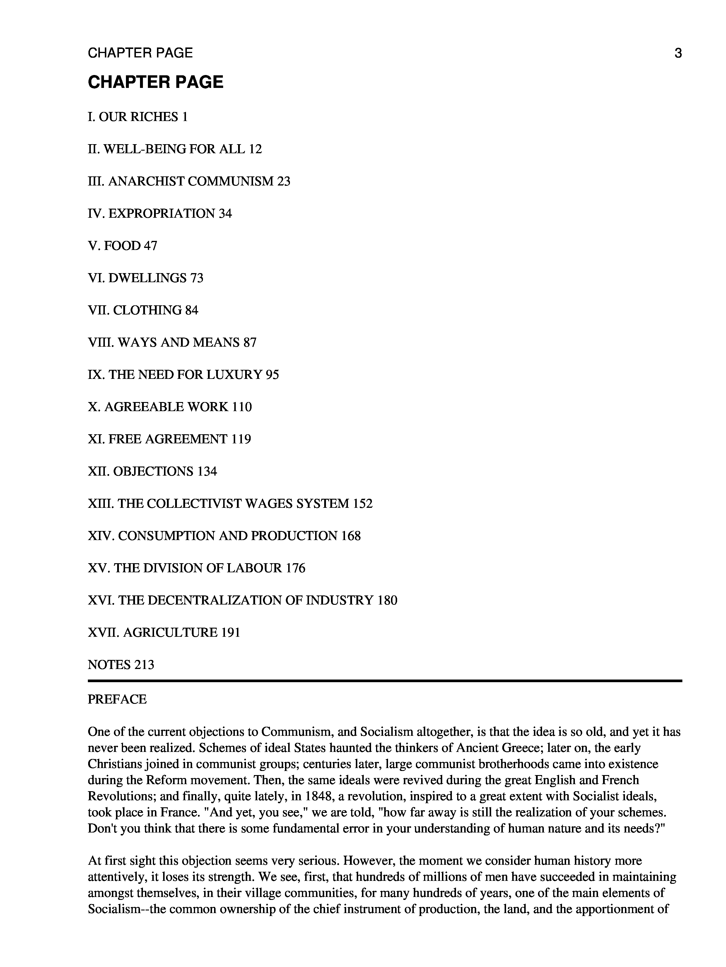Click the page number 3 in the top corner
pyautogui.click(x=677, y=53)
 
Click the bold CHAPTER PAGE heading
pyautogui.click(x=156, y=82)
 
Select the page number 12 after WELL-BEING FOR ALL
pyautogui.click(x=255, y=149)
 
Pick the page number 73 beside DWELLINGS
pyautogui.click(x=197, y=278)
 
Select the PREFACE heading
pyautogui.click(x=117, y=699)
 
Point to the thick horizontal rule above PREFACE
pyautogui.click(x=385, y=681)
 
